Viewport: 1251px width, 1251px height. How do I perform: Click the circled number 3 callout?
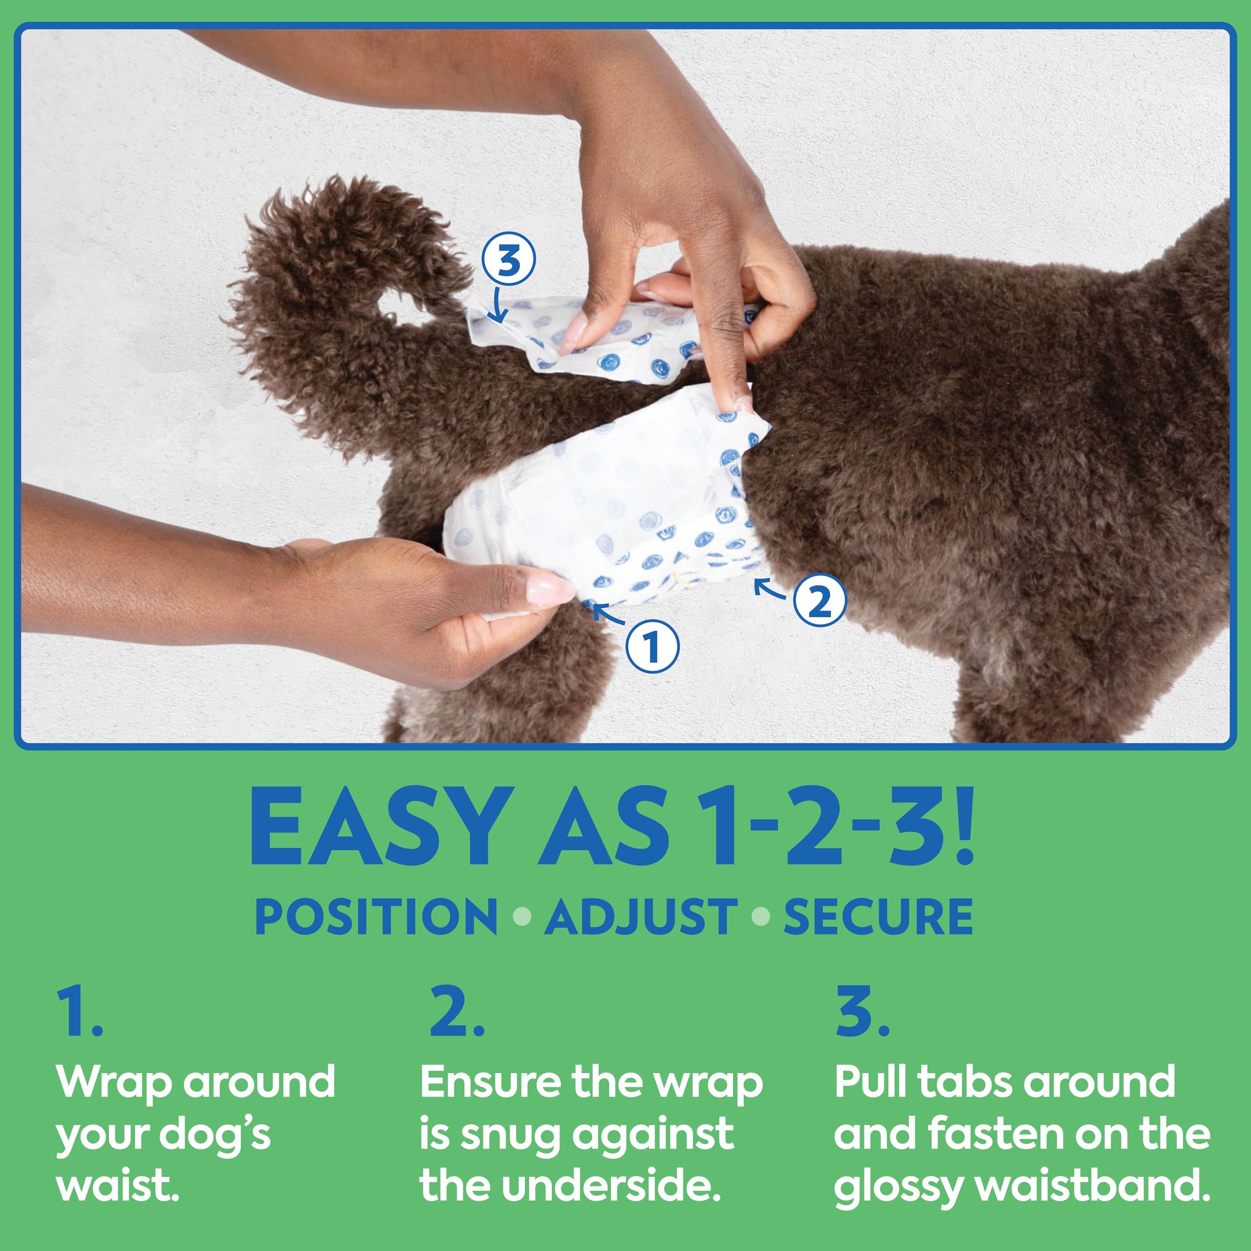point(508,259)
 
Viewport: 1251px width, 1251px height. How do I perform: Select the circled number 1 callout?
point(652,646)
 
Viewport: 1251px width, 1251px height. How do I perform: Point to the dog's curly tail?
point(337,272)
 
